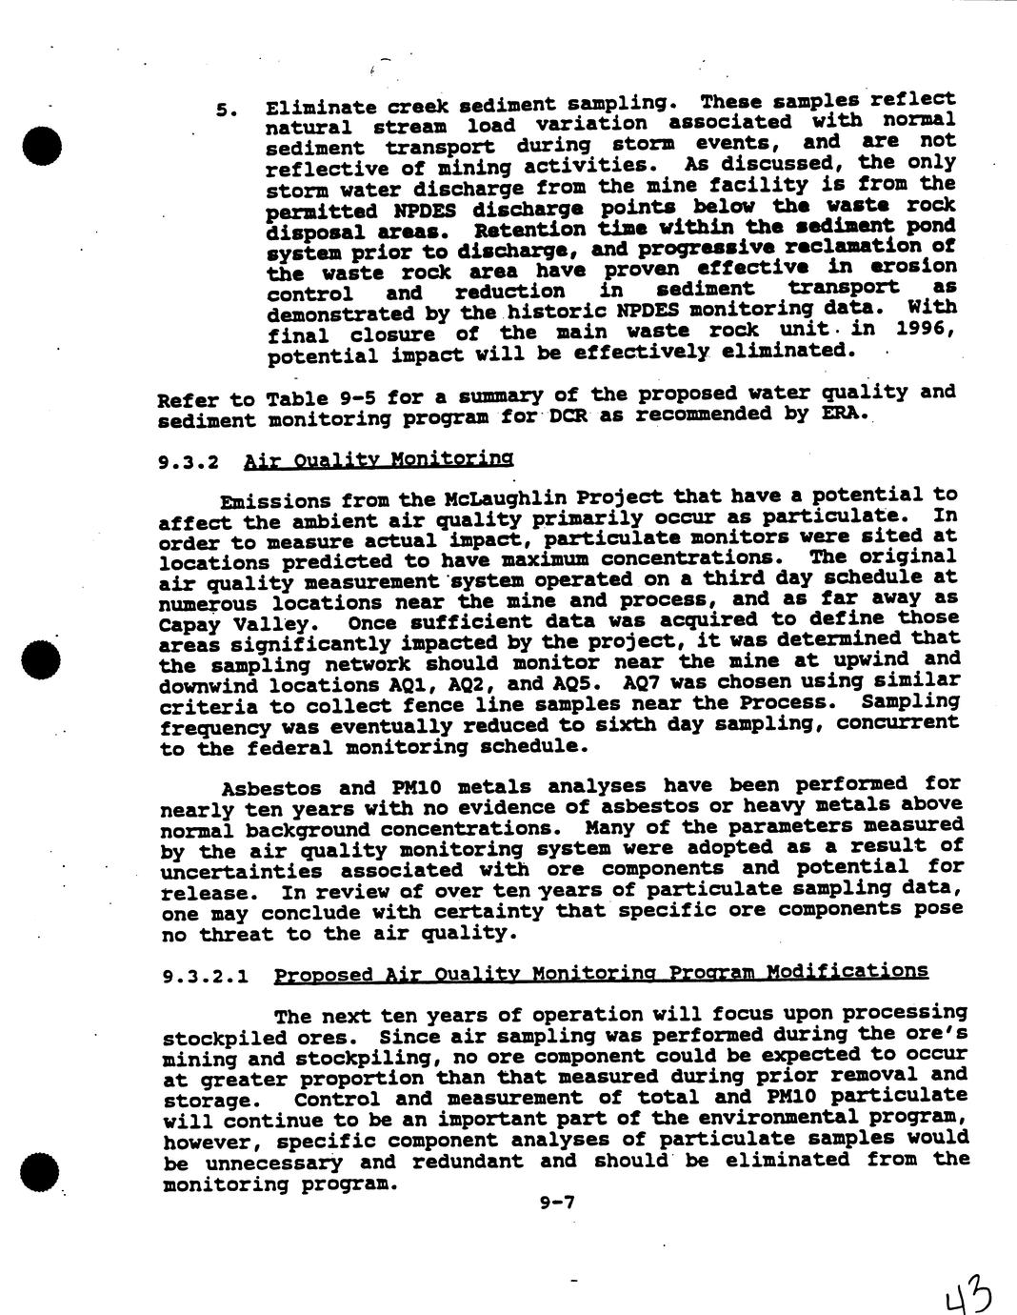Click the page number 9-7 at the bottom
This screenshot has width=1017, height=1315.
click(557, 1203)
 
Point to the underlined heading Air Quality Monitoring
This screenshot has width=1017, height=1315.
click(378, 460)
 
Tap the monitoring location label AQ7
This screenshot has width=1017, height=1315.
click(640, 683)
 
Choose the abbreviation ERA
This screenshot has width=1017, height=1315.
click(843, 415)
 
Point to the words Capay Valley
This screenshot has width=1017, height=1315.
click(236, 624)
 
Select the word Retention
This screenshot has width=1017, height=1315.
click(529, 230)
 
